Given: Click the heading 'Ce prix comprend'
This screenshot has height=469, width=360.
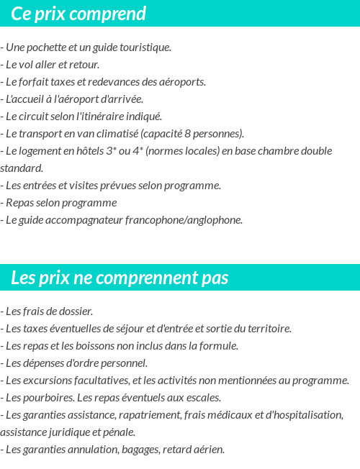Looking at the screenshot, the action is [78, 14].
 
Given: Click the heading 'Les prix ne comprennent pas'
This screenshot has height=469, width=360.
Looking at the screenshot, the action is [120, 278].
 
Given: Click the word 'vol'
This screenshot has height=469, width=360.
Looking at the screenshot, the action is [28, 65].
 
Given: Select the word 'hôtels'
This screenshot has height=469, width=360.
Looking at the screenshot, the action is [90, 151].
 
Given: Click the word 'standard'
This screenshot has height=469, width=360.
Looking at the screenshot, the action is [21, 168].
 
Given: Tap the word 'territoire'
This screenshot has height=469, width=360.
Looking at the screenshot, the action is [269, 329].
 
